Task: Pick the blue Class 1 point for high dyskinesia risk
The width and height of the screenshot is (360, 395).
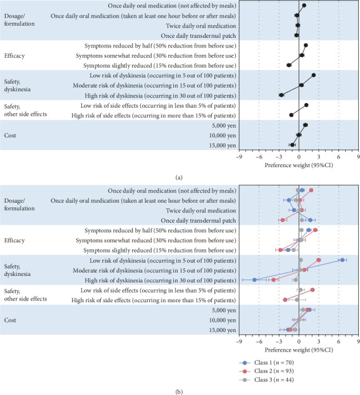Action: tap(254, 280)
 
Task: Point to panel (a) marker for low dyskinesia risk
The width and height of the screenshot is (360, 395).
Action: tap(314, 75)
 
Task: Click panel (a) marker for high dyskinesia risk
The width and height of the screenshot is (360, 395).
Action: tap(282, 95)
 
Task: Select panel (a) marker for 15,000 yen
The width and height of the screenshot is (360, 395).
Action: tap(292, 145)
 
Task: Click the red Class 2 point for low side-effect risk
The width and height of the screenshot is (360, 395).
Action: tap(312, 290)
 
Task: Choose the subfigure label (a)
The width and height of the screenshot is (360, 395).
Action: tap(180, 177)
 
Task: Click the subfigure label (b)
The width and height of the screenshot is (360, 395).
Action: tap(180, 392)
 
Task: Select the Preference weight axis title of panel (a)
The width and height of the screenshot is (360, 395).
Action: tap(298, 165)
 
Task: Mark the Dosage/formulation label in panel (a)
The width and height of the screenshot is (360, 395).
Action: tap(19, 20)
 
